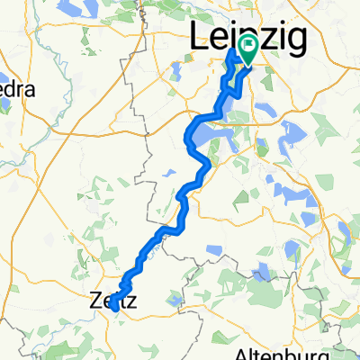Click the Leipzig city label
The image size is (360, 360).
tap(248, 38)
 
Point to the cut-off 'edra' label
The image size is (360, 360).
tap(19, 91)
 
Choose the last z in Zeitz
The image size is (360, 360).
tap(132, 304)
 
